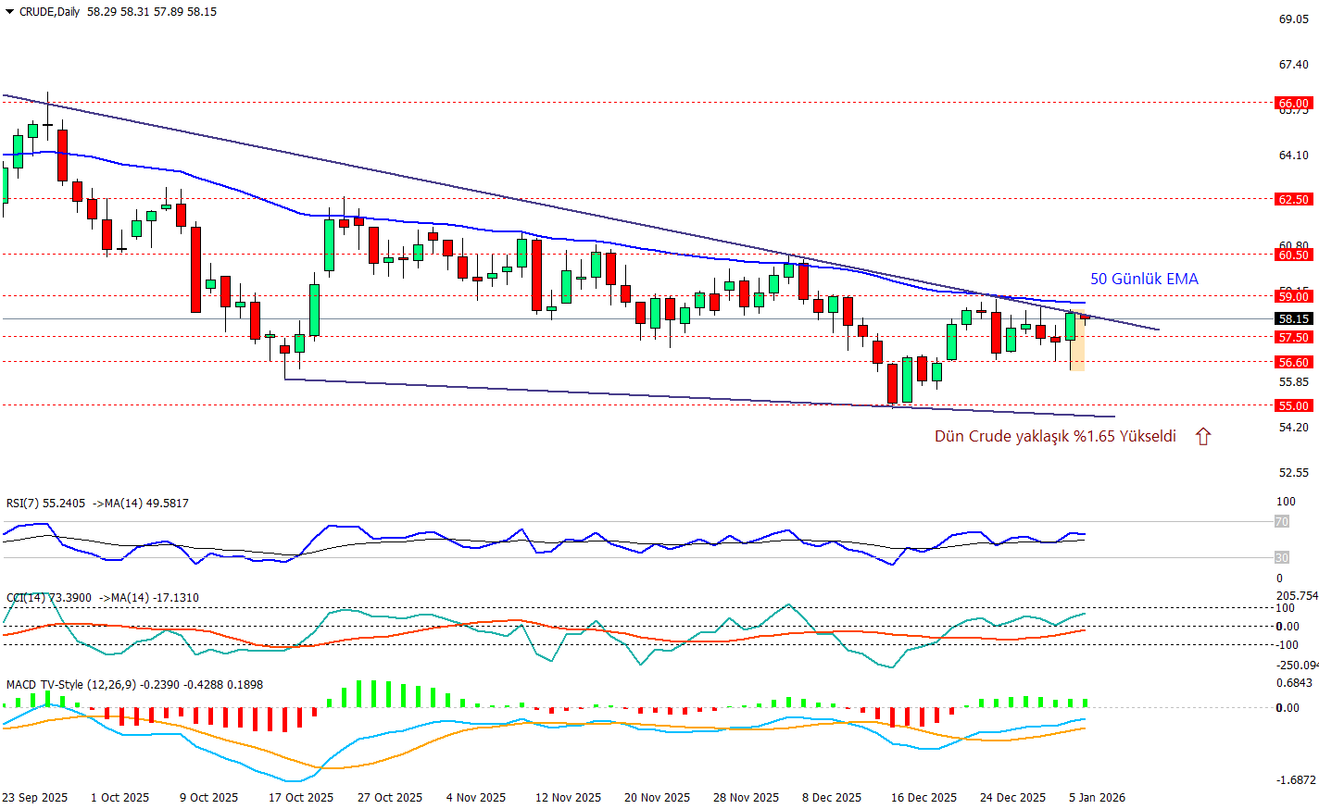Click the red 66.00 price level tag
tap(1294, 104)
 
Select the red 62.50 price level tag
tap(1294, 199)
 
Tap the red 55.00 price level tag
tap(1294, 405)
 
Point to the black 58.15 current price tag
tap(1294, 318)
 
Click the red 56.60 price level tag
tap(1294, 362)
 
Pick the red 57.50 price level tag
tap(1294, 337)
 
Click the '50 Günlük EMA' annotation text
tap(1144, 279)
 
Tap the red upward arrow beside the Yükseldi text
tap(1203, 437)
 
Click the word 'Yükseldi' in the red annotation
tap(1148, 436)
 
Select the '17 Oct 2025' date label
tap(301, 797)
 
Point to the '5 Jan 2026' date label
tap(1097, 797)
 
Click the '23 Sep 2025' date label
tap(34, 797)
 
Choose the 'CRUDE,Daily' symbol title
tap(49, 12)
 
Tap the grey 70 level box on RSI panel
tap(1282, 522)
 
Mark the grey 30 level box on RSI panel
tap(1282, 557)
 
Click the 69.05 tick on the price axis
tap(1294, 19)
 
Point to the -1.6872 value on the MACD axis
tap(1296, 780)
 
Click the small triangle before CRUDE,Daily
tap(9, 12)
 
